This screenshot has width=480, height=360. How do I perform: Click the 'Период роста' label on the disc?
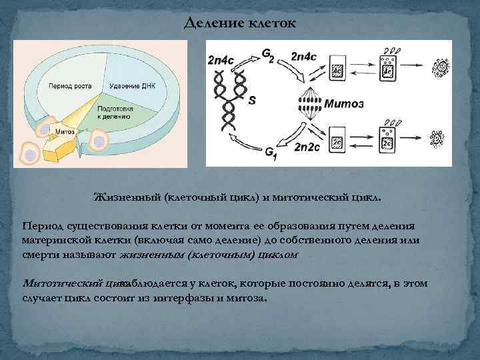[66, 87]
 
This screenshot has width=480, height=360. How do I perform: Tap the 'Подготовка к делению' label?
[115, 111]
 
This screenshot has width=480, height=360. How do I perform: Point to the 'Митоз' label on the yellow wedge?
[65, 131]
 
